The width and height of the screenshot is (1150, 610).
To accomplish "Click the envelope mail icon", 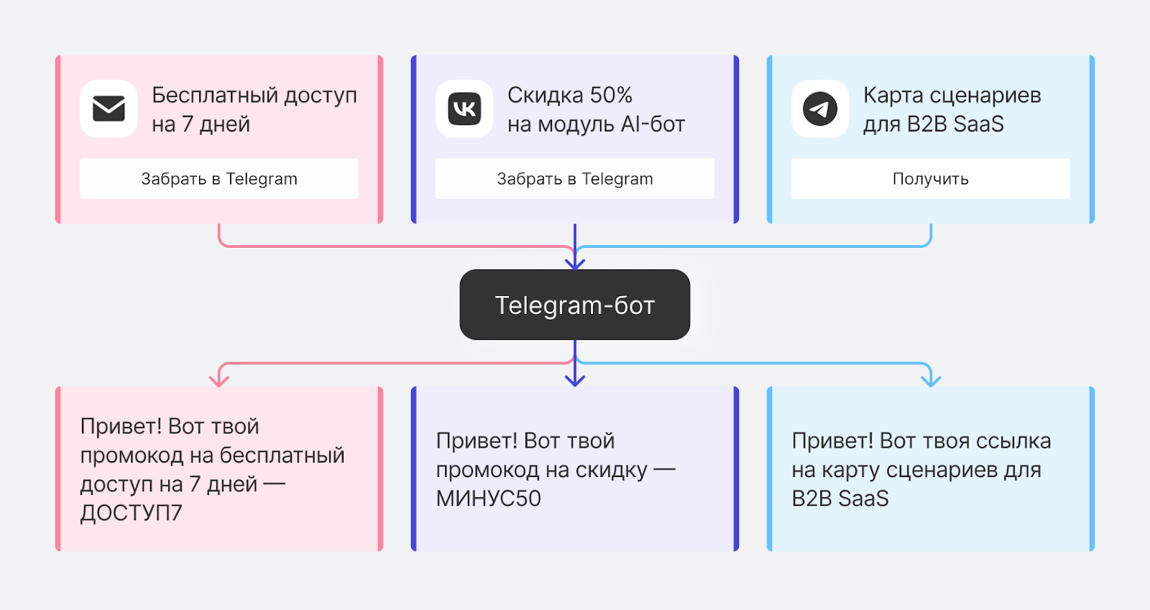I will pos(109,108).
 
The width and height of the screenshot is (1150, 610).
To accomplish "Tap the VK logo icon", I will pos(464,108).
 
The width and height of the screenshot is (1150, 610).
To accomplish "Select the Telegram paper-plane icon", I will pos(820,108).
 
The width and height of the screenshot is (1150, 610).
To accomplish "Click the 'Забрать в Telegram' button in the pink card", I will pos(218,179).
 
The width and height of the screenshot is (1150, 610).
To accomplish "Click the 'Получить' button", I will pos(930,179).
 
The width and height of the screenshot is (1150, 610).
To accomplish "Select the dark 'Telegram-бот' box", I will pos(574,305).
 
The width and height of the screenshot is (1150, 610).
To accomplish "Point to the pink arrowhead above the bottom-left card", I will pos(218,380).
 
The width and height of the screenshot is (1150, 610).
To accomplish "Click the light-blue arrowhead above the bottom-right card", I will pos(931,380).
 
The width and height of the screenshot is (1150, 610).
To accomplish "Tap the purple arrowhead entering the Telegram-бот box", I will pos(575,264).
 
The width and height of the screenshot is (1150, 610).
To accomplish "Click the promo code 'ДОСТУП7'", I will pos(131,513).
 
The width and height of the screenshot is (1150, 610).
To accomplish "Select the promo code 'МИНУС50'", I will pos(488,499).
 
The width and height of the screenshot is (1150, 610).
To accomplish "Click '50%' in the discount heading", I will pos(611,95).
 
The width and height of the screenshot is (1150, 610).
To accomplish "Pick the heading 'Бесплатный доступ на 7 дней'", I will pos(254,109).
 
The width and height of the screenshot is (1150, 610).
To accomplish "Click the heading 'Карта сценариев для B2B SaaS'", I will pos(952,109).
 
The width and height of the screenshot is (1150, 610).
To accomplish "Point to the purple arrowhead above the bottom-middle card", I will pos(575,380).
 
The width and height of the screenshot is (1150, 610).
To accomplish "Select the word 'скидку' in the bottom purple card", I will pos(612,470).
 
